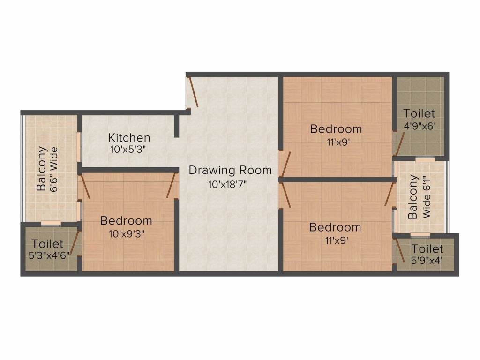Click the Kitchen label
(129, 137)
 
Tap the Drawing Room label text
(230, 170)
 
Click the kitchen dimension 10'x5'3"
(129, 150)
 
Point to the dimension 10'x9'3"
(126, 234)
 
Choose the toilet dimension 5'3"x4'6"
(47, 256)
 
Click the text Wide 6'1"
(426, 197)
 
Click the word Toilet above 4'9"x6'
(419, 113)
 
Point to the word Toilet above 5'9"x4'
(427, 248)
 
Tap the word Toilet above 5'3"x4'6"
(47, 244)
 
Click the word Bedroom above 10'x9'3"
(126, 220)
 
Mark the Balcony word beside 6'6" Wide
(42, 169)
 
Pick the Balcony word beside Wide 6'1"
(413, 197)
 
